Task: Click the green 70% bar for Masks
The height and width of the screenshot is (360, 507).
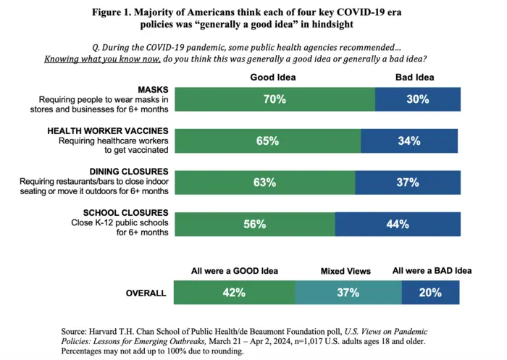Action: pyautogui.click(x=275, y=99)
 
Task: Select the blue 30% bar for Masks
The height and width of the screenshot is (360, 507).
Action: pyautogui.click(x=417, y=99)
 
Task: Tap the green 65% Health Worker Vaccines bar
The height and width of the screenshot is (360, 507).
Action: pyautogui.click(x=267, y=141)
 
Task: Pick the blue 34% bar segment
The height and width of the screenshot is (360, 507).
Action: pyautogui.click(x=409, y=141)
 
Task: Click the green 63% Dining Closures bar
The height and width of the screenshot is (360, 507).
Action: pyautogui.click(x=264, y=183)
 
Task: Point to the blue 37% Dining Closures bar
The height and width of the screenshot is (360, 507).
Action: pyautogui.click(x=408, y=183)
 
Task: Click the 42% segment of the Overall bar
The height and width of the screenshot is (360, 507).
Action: pyautogui.click(x=234, y=293)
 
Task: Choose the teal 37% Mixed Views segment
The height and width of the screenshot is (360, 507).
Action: pyautogui.click(x=348, y=293)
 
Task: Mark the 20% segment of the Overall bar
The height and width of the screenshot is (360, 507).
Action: pyautogui.click(x=431, y=293)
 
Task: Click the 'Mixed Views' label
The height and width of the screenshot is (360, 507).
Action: pyautogui.click(x=345, y=271)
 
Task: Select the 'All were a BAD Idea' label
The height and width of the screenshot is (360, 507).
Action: pyautogui.click(x=432, y=271)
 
